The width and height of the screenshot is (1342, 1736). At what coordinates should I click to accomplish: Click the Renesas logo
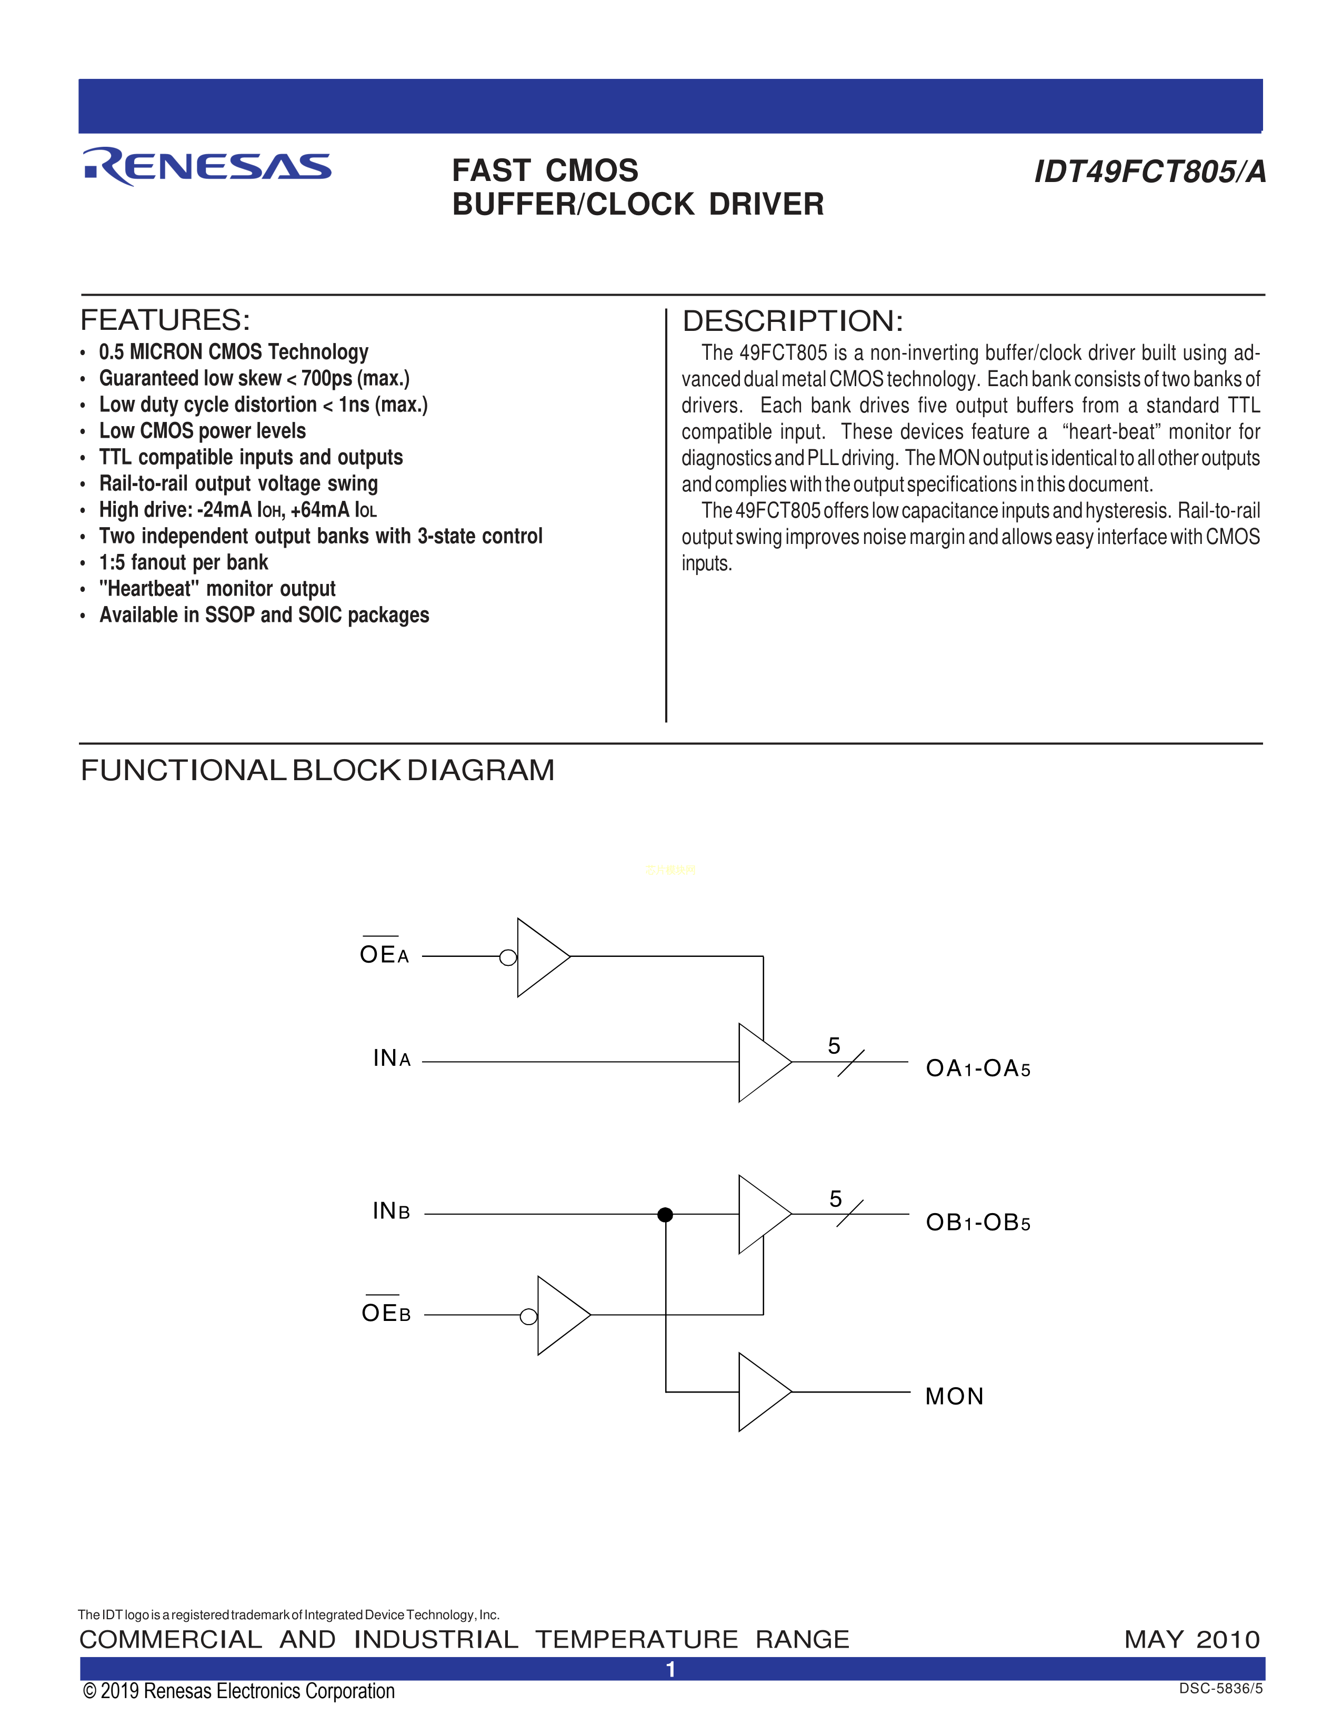[207, 166]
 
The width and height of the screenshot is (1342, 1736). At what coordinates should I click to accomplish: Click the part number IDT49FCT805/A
[1149, 171]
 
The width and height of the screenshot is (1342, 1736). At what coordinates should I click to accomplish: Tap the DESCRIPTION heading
[793, 321]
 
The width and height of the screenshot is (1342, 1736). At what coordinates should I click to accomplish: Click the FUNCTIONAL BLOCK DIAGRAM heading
[317, 770]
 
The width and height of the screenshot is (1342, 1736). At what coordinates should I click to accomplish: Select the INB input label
[391, 1210]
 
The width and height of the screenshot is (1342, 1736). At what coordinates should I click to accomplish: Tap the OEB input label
[386, 1313]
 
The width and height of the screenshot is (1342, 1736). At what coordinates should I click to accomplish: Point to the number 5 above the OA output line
[834, 1046]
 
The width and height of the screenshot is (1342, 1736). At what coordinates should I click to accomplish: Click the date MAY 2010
[1191, 1639]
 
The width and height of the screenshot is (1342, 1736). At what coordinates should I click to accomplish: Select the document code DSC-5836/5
[1220, 1688]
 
